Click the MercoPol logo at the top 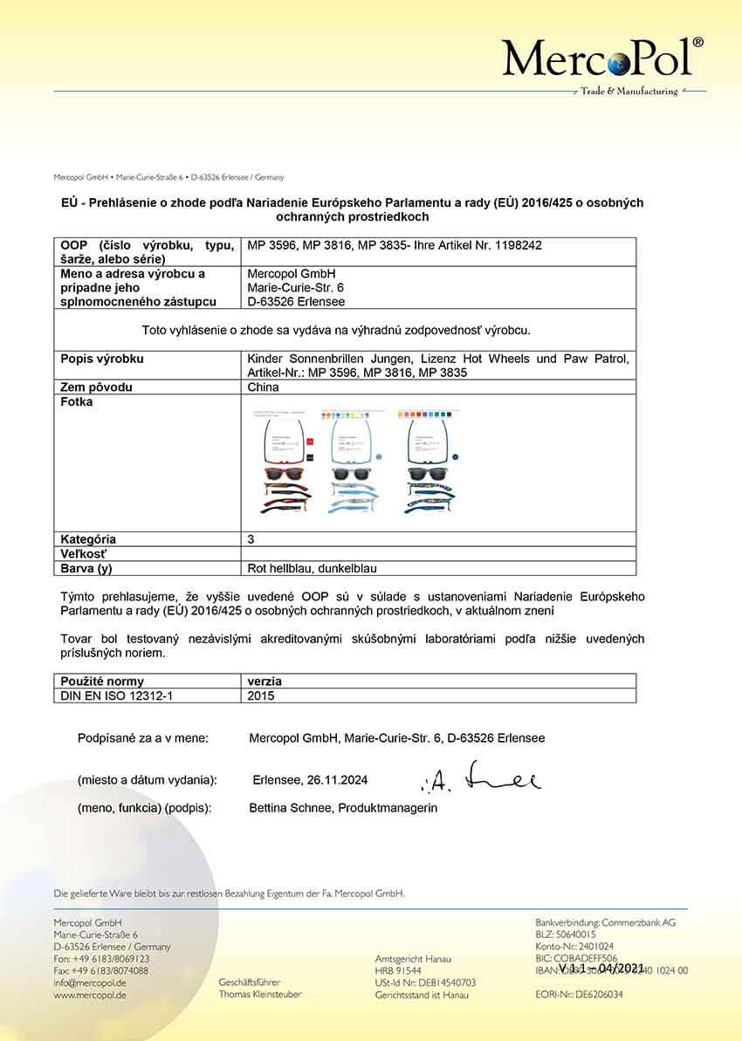pos(603,58)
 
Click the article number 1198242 pos(519,245)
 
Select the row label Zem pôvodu pos(98,387)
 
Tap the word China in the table pos(264,387)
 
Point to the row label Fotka pos(77,402)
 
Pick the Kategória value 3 pos(251,539)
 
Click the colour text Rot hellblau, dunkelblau pos(313,568)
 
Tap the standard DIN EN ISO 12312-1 pos(118,695)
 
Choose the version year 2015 pos(262,695)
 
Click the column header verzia pos(265,681)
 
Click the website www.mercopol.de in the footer pos(90,995)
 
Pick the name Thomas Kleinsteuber pos(260,995)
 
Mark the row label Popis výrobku pos(102,359)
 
